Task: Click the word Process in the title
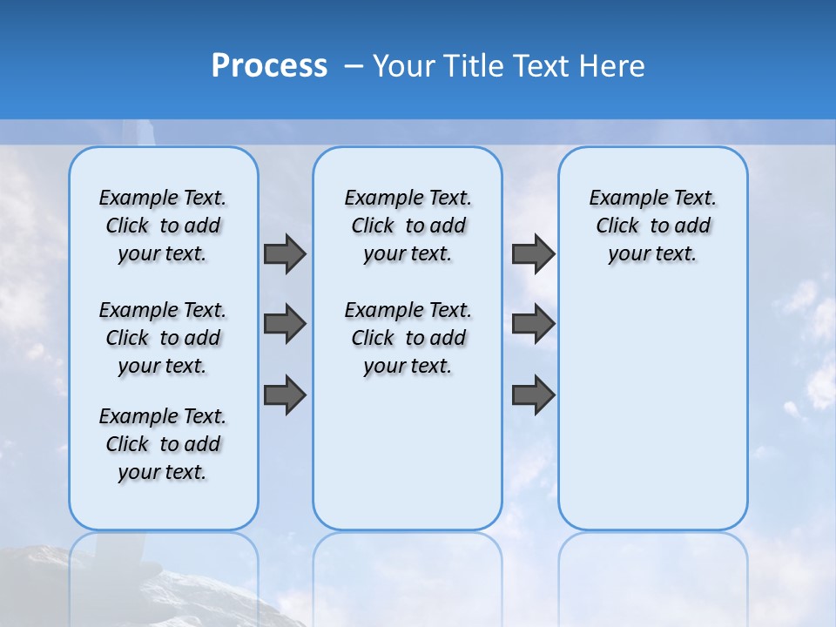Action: tap(269, 66)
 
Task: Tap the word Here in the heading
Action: tap(612, 66)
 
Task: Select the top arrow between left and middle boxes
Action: tap(285, 253)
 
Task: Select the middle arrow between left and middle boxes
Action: tap(285, 324)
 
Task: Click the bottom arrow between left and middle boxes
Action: tap(285, 394)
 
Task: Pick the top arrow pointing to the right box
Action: tap(533, 253)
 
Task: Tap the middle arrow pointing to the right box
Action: tap(533, 324)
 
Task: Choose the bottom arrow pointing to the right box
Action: tap(533, 394)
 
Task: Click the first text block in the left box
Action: tap(163, 226)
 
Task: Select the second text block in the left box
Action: tap(163, 338)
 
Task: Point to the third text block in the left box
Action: tap(163, 444)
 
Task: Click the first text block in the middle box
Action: tap(408, 226)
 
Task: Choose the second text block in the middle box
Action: tap(408, 338)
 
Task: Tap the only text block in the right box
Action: tap(652, 226)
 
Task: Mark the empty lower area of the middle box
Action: tap(408, 462)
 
